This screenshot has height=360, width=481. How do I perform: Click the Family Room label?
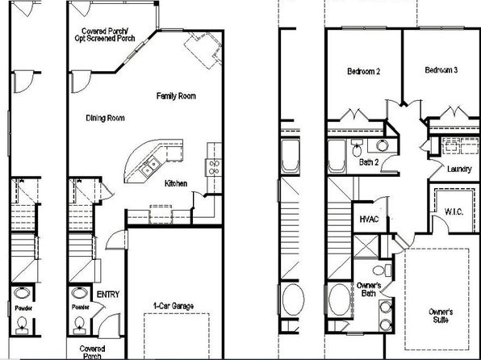[176, 96]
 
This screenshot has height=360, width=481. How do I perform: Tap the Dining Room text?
[105, 118]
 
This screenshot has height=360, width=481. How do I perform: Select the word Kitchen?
[176, 183]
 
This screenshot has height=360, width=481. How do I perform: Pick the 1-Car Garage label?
[174, 306]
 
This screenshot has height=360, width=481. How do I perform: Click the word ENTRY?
[108, 295]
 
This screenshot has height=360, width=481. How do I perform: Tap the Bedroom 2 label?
[363, 72]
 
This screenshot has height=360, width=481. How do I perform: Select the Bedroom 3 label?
[441, 70]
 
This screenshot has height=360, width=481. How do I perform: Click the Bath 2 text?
[369, 162]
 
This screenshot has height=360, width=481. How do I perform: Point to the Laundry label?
[459, 170]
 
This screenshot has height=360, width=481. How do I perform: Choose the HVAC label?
[369, 219]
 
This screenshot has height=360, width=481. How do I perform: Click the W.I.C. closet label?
[454, 211]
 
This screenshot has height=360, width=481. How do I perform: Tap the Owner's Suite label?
[441, 316]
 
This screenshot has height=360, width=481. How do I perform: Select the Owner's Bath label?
[369, 289]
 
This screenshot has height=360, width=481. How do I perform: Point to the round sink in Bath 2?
[383, 145]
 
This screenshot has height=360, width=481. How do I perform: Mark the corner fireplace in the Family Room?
[203, 49]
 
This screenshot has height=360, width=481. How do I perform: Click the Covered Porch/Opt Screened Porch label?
[105, 35]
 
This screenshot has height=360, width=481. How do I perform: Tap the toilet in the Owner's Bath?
[382, 270]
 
